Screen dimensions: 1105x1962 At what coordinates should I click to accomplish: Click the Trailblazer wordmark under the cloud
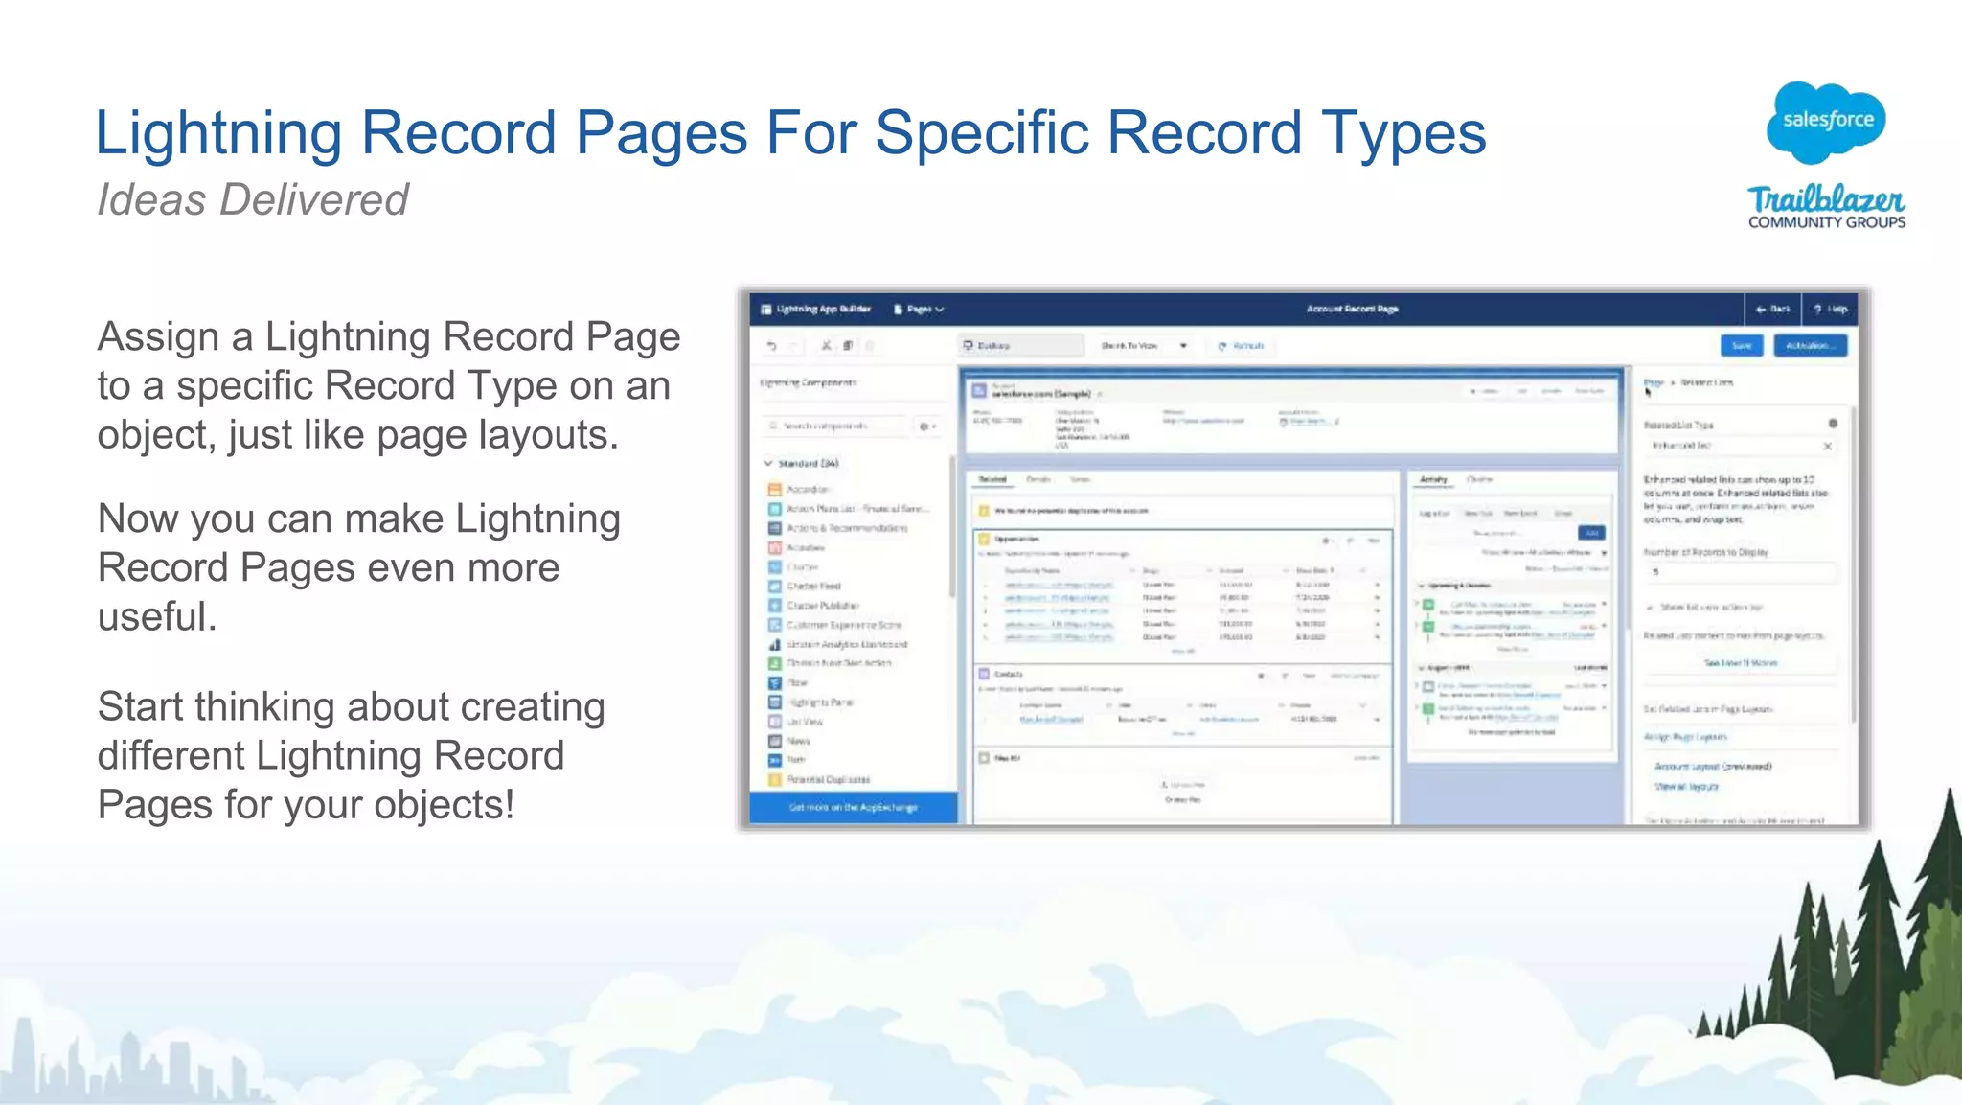point(1826,199)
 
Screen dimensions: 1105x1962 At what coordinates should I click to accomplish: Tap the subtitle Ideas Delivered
point(253,199)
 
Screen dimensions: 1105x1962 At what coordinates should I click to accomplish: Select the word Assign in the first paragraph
point(158,337)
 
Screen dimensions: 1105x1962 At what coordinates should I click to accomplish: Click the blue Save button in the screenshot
point(1742,346)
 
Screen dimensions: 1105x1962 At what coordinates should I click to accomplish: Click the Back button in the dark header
point(1772,310)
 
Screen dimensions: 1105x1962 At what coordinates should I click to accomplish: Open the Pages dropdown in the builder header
point(920,310)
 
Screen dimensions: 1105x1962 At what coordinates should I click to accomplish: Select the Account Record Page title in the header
point(1352,310)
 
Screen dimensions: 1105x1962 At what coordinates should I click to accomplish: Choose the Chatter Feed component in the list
point(813,587)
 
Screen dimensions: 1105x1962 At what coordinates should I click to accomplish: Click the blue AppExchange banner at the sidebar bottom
point(853,808)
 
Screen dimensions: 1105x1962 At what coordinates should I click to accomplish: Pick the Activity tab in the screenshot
point(1433,479)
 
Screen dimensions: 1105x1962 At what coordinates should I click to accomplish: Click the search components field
point(833,426)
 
